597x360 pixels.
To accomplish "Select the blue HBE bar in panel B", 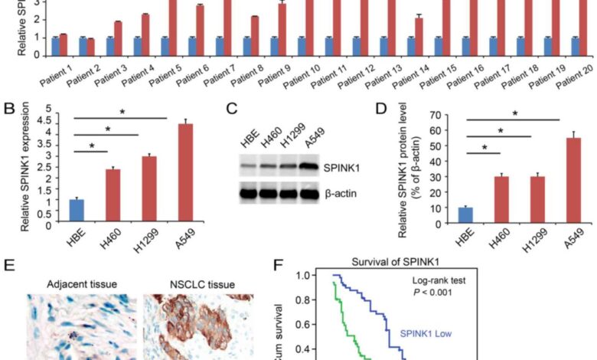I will [x=76, y=211].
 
